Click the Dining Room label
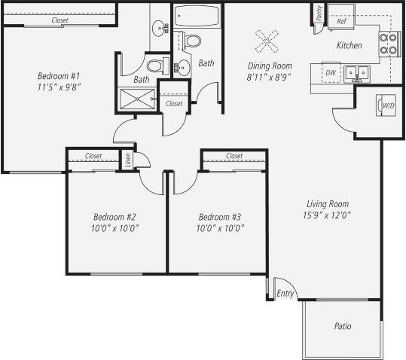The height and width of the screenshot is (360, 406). click(270, 66)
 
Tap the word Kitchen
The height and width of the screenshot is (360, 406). click(349, 46)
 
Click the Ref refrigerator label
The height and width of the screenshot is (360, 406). click(341, 22)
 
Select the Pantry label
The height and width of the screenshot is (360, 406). click(319, 13)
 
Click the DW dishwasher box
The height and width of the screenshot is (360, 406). click(330, 73)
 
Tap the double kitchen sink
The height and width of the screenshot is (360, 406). click(356, 73)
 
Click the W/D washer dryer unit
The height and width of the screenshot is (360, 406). click(387, 106)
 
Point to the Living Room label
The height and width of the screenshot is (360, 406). click(328, 203)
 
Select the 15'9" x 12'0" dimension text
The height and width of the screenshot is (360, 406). click(328, 215)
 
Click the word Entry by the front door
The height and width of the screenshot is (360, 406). click(285, 293)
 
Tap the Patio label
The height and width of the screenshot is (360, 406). click(343, 326)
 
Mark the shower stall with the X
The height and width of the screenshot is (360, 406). click(136, 98)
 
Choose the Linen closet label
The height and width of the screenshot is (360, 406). click(127, 160)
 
